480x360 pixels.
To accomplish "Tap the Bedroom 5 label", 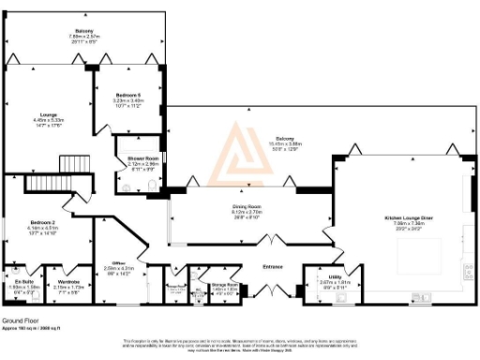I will [128, 97].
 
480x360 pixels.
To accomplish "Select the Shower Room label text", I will [142, 159].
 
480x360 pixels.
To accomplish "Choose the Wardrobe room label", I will [68, 281].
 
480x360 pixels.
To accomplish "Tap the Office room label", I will [119, 264].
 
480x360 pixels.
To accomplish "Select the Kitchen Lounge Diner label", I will [409, 218].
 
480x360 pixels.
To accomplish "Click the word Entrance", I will [273, 267].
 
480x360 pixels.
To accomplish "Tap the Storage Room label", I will [225, 285].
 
